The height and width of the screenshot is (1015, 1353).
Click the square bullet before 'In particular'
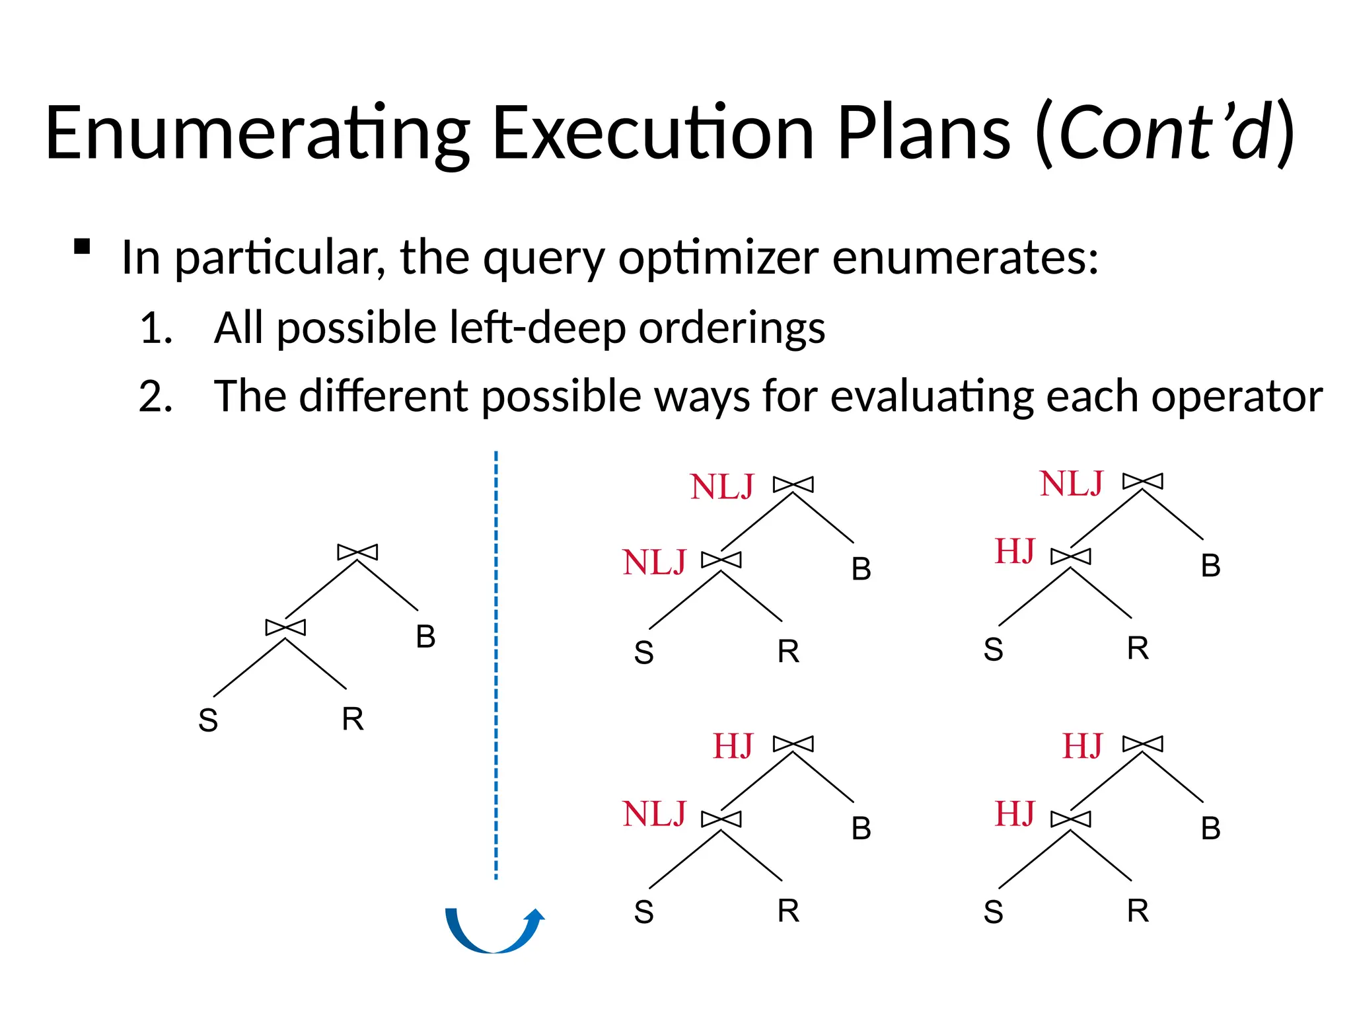click(82, 246)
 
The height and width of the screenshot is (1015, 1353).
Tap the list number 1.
click(156, 328)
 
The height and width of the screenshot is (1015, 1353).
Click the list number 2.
click(156, 397)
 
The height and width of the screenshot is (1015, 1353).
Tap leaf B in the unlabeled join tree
click(425, 637)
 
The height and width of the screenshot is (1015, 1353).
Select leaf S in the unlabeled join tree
click(208, 720)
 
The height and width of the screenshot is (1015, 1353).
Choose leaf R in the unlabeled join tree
click(353, 719)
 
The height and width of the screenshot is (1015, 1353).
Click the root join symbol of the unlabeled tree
click(357, 552)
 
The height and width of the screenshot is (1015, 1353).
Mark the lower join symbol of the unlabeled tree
click(285, 627)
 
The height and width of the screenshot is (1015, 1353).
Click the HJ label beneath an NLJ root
click(1015, 552)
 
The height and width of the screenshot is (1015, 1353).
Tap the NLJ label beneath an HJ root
click(654, 814)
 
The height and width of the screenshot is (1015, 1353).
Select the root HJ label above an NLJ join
click(733, 747)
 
